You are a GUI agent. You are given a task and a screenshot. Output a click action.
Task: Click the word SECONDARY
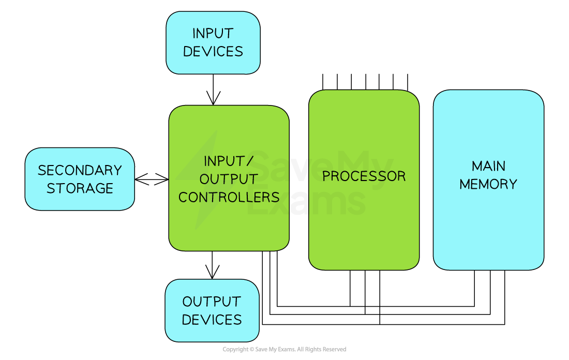pos(80,170)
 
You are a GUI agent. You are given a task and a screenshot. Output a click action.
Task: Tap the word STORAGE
pos(80,188)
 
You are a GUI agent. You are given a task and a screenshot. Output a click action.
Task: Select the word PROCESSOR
pos(364,176)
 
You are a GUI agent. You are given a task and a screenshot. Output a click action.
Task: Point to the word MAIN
pos(488,166)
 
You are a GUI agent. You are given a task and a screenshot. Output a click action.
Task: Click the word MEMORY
pos(488,184)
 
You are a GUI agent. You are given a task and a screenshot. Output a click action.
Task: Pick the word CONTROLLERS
pos(229,197)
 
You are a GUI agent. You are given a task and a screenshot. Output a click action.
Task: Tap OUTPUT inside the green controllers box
pos(229,179)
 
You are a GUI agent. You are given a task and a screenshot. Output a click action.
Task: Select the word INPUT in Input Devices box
pos(213,34)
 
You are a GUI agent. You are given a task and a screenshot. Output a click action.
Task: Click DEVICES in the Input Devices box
pos(213,52)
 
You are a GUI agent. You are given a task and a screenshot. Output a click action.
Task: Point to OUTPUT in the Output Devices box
pos(212,302)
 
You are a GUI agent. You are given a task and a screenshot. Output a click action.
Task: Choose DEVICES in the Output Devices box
pos(212,320)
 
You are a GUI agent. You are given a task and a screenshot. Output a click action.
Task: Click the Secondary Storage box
pos(80,202)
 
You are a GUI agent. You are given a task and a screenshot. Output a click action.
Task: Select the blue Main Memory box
pos(488,233)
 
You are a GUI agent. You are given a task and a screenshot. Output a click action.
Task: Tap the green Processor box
pos(364,233)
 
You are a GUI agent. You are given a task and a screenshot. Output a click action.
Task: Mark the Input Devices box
pos(213,65)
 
